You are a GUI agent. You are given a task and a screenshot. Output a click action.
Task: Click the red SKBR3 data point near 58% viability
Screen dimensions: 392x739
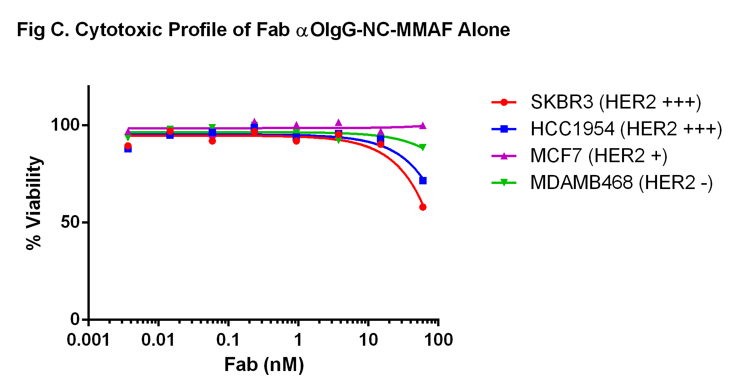[x=423, y=207]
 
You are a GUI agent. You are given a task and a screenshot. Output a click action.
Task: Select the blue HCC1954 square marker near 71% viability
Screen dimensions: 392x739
[x=423, y=180]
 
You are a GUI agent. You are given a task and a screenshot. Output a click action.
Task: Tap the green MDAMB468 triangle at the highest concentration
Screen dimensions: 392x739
[x=423, y=147]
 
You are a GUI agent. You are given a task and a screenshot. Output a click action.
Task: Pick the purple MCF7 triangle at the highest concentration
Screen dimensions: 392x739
[x=423, y=126]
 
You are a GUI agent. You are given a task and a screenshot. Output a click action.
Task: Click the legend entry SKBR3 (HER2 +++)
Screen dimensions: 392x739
[x=615, y=102]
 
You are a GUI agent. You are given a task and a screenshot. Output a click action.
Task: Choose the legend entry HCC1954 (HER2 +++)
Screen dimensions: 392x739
[x=626, y=129]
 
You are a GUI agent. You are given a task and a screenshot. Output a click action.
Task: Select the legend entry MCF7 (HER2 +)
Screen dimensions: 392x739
[x=598, y=156]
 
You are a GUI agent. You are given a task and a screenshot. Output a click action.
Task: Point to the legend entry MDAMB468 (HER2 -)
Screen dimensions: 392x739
[x=621, y=182]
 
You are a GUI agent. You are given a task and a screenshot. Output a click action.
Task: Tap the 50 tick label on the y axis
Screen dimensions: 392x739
[x=70, y=222]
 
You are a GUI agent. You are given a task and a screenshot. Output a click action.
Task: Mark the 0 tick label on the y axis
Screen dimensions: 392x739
[x=75, y=319]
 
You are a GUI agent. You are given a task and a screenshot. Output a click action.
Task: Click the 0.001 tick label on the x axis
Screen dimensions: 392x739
[x=88, y=340]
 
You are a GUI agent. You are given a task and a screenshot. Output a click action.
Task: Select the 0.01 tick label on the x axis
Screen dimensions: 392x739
[x=158, y=340]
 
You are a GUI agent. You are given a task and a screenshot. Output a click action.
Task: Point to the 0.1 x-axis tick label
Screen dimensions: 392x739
[x=228, y=340]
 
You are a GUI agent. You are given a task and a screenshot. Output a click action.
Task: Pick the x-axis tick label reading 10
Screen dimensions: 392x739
[x=368, y=340]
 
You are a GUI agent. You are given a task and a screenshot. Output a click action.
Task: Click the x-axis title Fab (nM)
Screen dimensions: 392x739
[x=264, y=365]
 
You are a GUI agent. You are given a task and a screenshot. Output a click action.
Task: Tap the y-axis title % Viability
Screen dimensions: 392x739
[x=34, y=203]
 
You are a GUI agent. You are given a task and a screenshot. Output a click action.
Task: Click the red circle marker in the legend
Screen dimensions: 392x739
[x=504, y=103]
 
